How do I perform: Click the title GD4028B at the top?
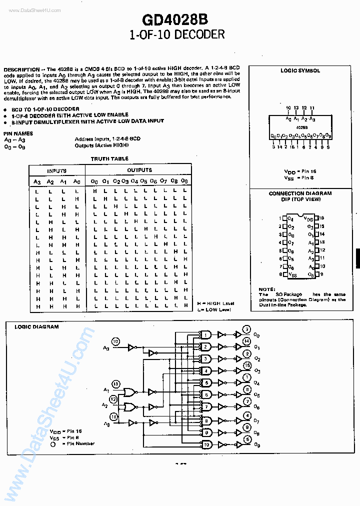point(175,19)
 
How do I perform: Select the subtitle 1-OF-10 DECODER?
point(177,34)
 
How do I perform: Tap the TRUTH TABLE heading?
point(109,158)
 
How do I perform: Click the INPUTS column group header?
point(56,170)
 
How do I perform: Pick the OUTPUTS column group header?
point(139,170)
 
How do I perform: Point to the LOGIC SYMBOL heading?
point(300,71)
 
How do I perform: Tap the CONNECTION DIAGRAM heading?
point(300,193)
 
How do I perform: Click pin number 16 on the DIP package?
point(321,218)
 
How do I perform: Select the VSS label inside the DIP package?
point(293,275)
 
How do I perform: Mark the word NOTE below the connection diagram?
point(266,289)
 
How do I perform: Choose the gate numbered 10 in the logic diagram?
point(206,444)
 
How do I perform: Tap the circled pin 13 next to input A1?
point(116,384)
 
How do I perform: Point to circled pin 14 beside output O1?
point(246,341)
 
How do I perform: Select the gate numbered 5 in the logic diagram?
point(206,382)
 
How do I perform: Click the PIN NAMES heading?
point(18,133)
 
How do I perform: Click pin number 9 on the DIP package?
point(321,274)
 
